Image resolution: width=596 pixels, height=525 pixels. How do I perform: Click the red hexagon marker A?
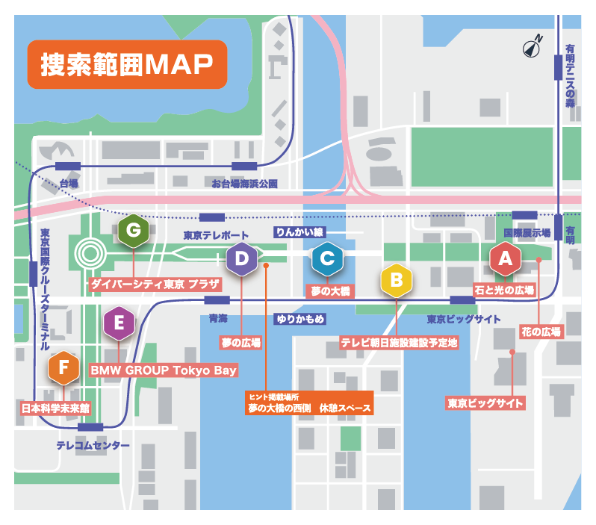coord(505,259)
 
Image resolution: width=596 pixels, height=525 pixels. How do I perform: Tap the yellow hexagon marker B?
coord(396,281)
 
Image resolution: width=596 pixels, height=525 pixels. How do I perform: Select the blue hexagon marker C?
coord(327,259)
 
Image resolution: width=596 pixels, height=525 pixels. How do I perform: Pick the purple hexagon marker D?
coord(242,259)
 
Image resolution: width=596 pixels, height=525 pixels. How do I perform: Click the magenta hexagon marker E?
coord(119,324)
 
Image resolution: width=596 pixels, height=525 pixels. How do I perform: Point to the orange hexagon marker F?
coord(63,367)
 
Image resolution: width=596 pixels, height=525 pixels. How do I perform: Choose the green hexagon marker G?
coord(134,230)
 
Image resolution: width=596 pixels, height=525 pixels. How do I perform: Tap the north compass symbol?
coord(533,46)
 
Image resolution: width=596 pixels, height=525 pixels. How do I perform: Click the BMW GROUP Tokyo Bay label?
coord(164,370)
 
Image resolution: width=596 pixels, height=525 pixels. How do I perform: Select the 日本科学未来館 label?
coord(55,408)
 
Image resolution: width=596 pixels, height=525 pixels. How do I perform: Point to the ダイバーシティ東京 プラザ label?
coord(155,285)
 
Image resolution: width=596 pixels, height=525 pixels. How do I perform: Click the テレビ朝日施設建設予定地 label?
coord(399,343)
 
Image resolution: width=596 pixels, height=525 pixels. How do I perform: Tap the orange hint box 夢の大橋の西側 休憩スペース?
coord(309,404)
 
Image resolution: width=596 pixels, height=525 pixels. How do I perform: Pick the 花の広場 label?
coord(541,330)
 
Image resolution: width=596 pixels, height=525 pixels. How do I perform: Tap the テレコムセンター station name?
coord(93,446)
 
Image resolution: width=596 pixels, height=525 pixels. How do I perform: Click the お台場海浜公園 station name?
coord(244,183)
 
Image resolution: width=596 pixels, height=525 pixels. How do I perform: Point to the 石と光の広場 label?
coord(505,290)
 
